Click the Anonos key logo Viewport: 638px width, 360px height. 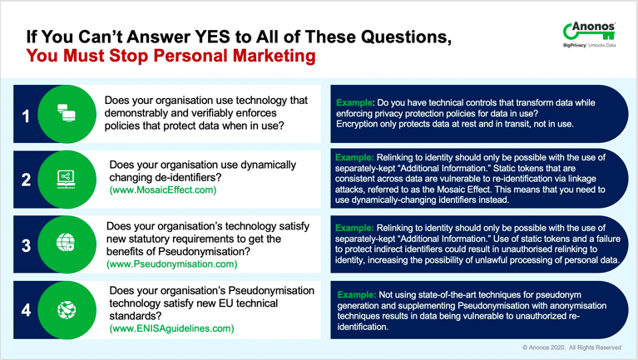589,35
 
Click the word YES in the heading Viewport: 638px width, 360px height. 212,37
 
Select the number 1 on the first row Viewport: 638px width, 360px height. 26,116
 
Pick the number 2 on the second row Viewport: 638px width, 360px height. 26,180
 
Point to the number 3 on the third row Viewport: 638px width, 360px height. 26,245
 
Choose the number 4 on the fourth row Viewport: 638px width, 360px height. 26,310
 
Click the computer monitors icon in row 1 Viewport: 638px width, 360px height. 67,113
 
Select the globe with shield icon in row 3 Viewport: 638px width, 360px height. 66,242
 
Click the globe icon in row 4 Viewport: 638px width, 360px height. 67,310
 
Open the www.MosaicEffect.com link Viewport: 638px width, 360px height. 163,190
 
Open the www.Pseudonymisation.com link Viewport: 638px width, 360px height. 171,264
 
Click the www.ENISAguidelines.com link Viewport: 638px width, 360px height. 171,328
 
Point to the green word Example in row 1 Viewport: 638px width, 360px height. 354,102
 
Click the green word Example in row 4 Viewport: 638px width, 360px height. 356,294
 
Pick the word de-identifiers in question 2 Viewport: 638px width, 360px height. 188,177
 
